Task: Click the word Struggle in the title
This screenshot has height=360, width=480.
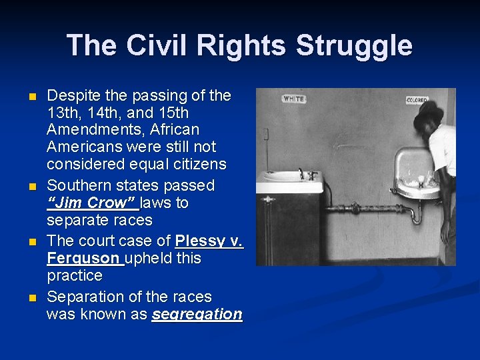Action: point(353,46)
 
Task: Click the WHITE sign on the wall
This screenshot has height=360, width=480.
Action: point(294,99)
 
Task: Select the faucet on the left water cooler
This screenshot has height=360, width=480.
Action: point(305,174)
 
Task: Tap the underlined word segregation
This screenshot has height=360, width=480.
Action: point(197,315)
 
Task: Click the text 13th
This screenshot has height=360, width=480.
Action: point(62,112)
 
